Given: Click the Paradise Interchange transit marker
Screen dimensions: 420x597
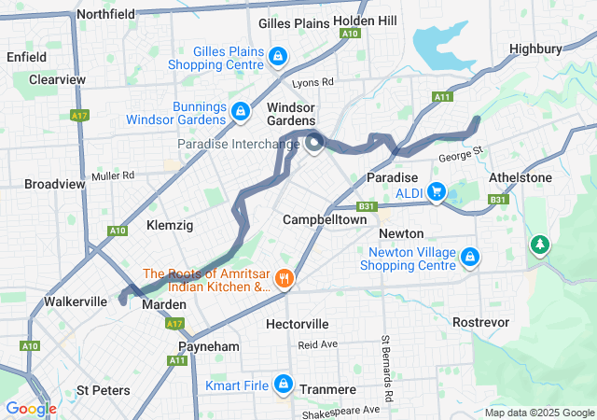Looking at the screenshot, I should click(314, 143).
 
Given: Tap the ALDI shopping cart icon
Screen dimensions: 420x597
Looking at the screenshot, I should click(436, 192).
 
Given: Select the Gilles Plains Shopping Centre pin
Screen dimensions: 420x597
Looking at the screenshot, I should click(277, 58).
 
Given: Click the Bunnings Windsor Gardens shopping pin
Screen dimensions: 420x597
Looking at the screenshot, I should click(241, 113).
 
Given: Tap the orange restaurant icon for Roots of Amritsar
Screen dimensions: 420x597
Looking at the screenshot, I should click(285, 278).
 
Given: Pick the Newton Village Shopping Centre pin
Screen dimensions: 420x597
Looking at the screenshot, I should click(470, 256).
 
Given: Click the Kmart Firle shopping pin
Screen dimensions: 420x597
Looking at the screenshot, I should click(283, 385).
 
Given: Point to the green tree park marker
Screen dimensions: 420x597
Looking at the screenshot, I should click(539, 245).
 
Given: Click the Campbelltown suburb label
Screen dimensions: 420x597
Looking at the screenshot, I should click(325, 219).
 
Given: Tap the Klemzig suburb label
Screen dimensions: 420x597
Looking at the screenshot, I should click(170, 225).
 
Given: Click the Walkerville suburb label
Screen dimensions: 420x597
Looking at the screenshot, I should click(76, 302).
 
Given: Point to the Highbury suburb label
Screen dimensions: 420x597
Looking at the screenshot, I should click(536, 49).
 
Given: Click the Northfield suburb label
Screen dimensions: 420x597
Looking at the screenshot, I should click(105, 14).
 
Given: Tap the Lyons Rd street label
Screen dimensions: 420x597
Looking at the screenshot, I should click(312, 82).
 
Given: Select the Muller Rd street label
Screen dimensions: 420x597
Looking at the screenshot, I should click(113, 175).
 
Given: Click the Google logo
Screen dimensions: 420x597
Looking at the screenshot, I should click(32, 409).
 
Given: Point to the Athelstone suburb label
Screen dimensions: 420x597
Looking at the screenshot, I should click(521, 177).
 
